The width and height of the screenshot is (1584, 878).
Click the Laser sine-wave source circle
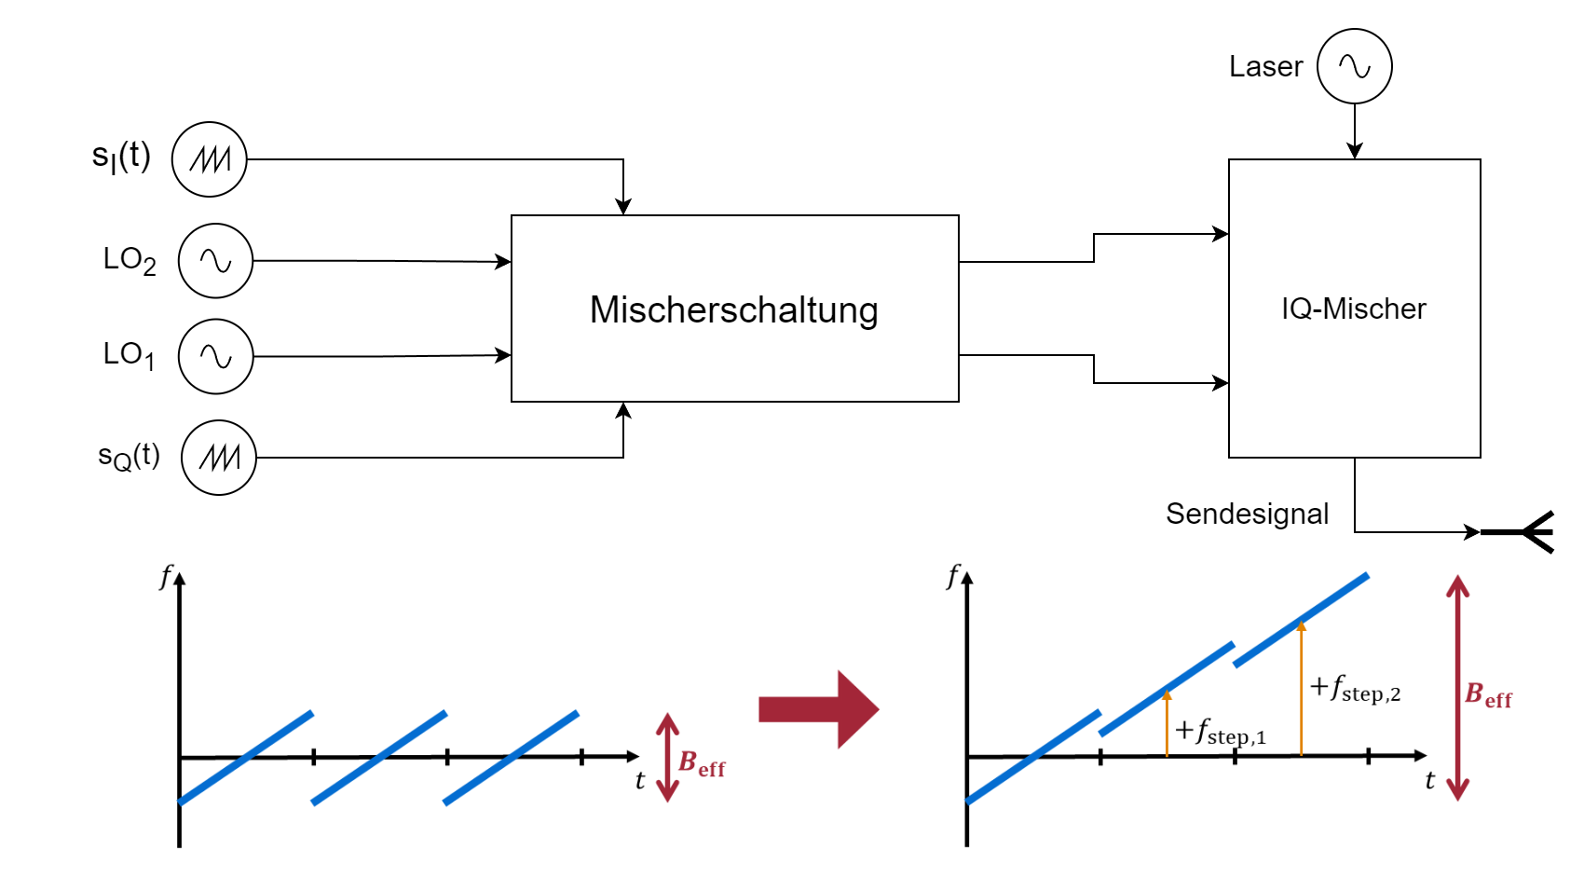tap(1354, 66)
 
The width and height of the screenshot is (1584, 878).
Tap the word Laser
tap(1265, 66)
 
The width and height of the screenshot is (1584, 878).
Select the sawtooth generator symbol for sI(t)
tap(210, 159)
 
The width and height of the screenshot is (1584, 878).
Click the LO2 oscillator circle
tap(215, 261)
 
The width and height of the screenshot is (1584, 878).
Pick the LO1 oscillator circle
tap(215, 357)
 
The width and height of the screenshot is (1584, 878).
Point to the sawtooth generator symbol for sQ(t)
tap(219, 458)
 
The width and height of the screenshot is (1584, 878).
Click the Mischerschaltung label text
tap(734, 309)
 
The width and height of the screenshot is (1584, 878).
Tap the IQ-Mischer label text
tap(1353, 309)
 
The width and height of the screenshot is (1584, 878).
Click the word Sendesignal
tap(1247, 514)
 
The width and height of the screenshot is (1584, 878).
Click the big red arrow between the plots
tap(818, 709)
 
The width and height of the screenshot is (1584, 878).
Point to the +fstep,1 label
tap(1221, 732)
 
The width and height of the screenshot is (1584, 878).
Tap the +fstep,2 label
tap(1356, 689)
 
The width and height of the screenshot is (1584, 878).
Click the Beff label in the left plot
tap(702, 764)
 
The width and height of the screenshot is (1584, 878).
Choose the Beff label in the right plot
tap(1488, 695)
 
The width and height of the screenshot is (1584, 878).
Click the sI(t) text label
tap(121, 157)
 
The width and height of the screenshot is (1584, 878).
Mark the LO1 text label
tap(129, 355)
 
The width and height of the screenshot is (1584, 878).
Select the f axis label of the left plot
tap(166, 577)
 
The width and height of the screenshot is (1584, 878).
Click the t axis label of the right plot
tap(1429, 781)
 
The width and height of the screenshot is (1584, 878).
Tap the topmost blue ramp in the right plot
tap(1302, 620)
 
